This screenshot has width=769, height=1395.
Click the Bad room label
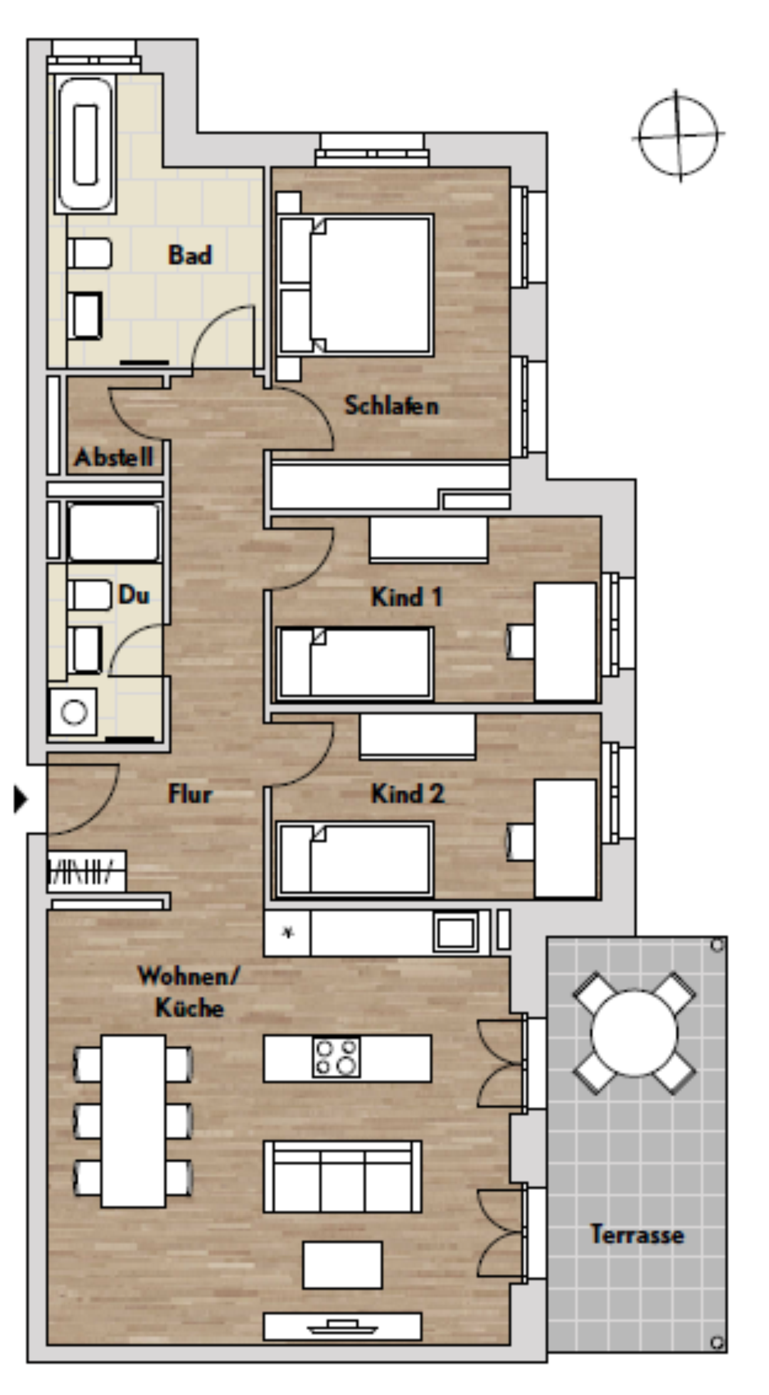190,255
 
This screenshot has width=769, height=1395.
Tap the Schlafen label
391,405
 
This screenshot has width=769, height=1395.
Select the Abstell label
114,457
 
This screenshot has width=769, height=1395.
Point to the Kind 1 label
407,597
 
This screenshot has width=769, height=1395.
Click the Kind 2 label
407,794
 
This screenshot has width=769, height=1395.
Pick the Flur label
190,794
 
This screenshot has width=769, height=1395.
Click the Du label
134,595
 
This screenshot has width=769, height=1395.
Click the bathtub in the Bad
85,144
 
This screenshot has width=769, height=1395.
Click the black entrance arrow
21,799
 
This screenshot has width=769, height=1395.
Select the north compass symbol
679,136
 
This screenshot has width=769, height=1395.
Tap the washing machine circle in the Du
74,712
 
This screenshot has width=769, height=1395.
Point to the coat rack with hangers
86,870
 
